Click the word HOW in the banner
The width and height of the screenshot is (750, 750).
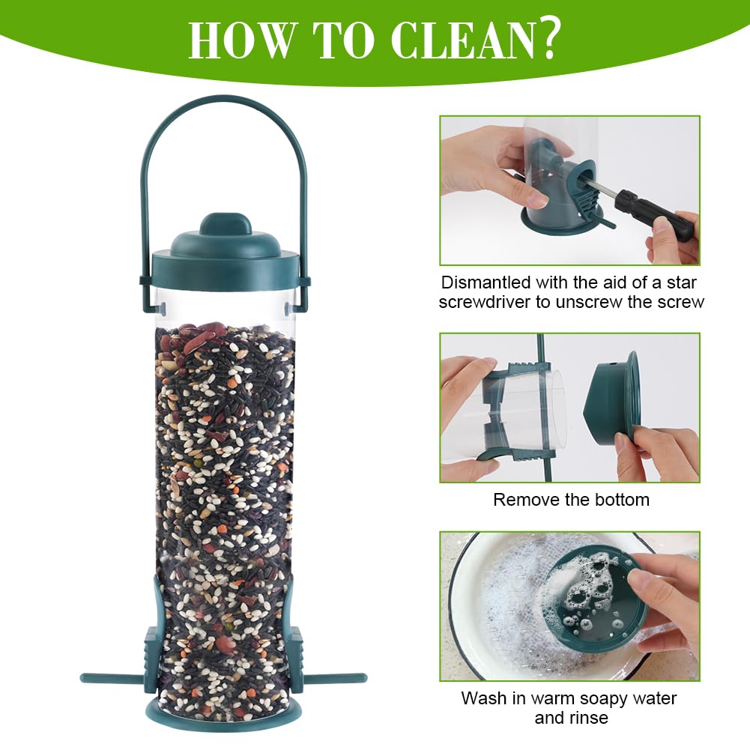240,40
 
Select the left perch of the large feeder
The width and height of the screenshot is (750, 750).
112,678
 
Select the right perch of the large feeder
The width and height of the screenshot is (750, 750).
336,678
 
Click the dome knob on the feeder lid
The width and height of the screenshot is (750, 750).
226,225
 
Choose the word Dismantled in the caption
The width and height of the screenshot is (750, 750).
486,282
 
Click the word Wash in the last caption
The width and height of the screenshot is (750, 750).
484,698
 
